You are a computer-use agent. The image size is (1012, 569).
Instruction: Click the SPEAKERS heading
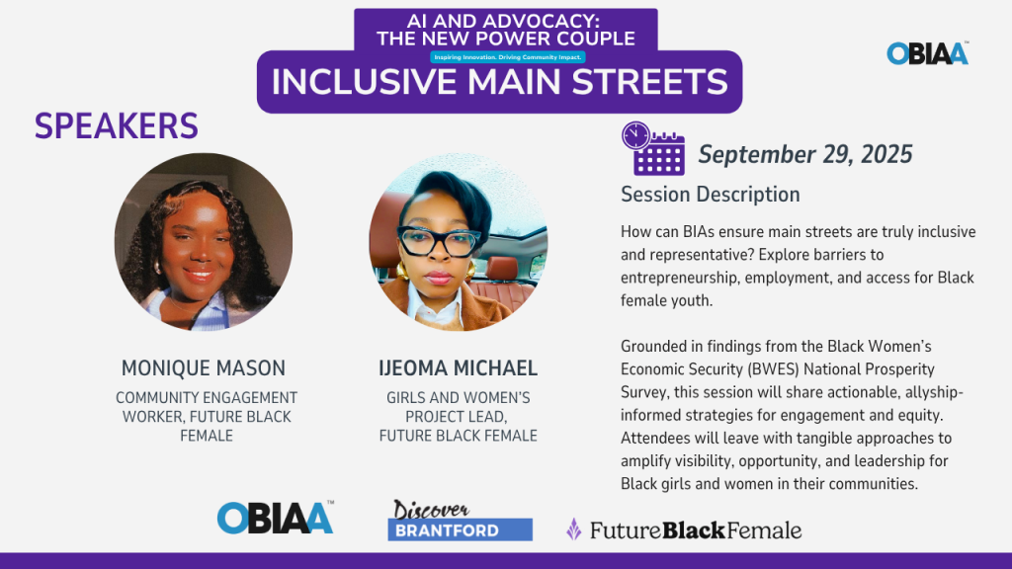117,125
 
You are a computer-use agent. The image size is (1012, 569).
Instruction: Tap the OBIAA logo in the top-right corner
927,53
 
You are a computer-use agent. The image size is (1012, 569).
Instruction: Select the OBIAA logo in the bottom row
276,518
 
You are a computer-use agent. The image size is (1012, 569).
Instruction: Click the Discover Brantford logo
460,520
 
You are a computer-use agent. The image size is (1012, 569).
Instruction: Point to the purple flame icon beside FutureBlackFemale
574,529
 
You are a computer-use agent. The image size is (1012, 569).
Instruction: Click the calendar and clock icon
652,148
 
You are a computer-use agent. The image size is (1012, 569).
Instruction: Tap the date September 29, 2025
805,154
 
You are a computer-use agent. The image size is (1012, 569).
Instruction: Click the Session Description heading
710,195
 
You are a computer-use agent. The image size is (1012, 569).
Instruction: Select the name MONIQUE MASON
204,367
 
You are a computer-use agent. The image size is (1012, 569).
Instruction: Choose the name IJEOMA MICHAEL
459,367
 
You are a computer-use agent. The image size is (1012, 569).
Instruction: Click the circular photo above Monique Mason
204,242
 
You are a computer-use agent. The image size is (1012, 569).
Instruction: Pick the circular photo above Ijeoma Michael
459,242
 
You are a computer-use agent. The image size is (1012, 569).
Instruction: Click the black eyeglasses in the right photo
438,242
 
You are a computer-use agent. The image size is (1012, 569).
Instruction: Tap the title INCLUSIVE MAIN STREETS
499,82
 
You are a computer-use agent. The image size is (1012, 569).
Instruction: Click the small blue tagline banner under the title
508,57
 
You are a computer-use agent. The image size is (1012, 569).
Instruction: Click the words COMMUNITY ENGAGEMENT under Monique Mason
207,397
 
